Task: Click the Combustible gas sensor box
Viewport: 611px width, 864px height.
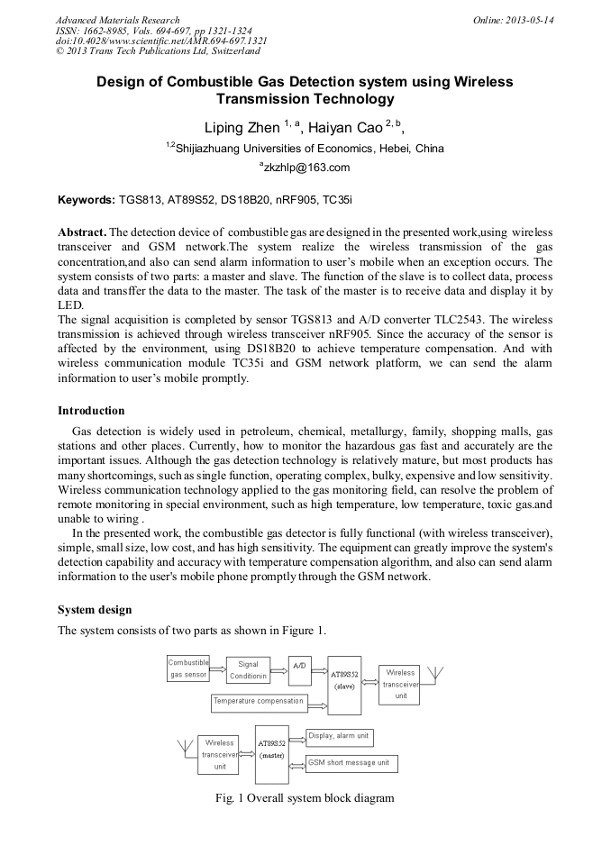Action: (188, 668)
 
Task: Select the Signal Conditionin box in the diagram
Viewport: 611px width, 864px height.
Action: (248, 670)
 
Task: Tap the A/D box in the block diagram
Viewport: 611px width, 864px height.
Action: (299, 666)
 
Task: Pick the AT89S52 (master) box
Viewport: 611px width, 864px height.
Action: (272, 750)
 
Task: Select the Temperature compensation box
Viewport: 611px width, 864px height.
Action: (259, 701)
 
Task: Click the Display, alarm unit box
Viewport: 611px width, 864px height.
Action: (339, 737)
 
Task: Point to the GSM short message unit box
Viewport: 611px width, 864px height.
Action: (351, 763)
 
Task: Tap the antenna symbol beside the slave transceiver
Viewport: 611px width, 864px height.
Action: (433, 675)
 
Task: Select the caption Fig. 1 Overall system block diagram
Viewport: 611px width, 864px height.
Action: (305, 798)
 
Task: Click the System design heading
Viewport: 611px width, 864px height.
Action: (95, 610)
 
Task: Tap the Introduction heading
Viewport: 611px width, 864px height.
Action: (91, 410)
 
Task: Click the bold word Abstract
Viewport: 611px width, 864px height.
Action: (82, 232)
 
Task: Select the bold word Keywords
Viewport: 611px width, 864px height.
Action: (87, 198)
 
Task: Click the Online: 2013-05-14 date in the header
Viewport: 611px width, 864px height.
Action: (513, 20)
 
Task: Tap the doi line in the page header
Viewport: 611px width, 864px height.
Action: (161, 41)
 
